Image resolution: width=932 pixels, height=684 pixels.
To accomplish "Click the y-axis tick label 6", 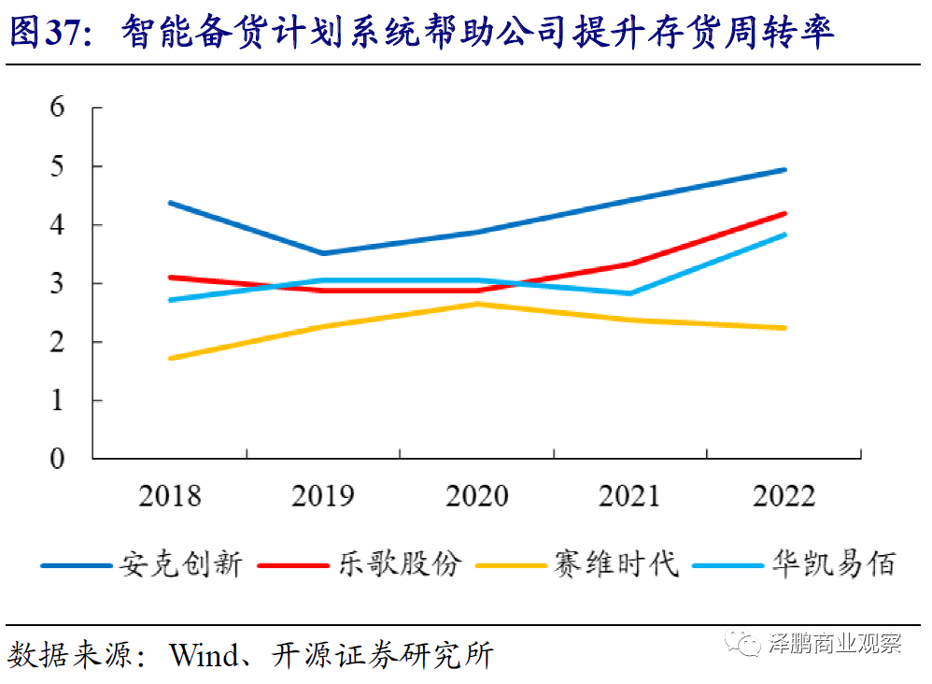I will [58, 107].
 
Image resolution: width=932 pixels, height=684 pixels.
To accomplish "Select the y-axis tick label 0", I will [58, 459].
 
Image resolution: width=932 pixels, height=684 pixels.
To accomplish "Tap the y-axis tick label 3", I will [58, 283].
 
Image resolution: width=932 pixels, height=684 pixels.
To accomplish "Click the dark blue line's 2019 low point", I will [323, 253].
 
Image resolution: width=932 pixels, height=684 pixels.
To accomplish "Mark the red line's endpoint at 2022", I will [784, 213].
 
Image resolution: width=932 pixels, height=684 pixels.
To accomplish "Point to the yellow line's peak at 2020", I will [477, 304].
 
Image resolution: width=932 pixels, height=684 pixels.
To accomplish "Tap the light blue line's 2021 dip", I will [630, 293].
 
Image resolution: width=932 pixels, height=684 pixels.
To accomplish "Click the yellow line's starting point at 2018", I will [170, 358].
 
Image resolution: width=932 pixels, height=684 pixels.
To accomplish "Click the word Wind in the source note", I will [203, 655].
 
